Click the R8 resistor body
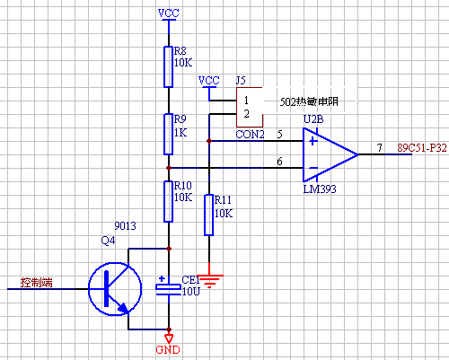point(169,66)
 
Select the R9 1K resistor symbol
point(169,134)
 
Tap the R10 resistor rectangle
point(169,201)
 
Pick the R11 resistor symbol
point(209,215)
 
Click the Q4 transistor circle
point(89,289)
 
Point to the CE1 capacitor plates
point(169,289)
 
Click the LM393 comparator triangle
point(330,154)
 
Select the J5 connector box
point(250,107)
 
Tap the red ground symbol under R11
point(209,281)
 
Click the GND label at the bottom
point(168,349)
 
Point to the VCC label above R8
point(169,13)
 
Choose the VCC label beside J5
point(209,80)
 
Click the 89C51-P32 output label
point(422,148)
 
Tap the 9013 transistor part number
point(125,225)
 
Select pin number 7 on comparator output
point(380,147)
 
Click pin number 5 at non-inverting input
point(279,134)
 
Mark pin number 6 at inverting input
point(279,162)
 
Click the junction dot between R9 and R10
point(169,168)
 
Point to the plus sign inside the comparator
point(313,141)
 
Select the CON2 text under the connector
point(250,135)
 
